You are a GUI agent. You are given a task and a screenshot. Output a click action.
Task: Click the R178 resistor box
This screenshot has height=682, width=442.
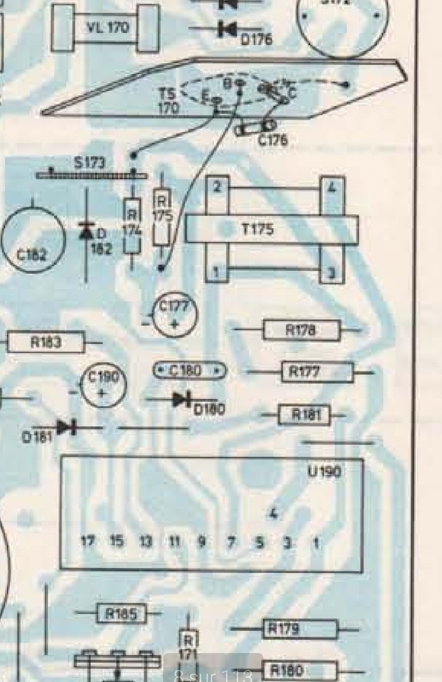pyautogui.click(x=301, y=330)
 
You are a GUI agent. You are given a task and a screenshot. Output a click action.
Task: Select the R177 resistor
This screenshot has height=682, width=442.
pyautogui.click(x=317, y=372)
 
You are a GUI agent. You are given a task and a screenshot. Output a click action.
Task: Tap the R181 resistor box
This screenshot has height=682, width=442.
pyautogui.click(x=305, y=415)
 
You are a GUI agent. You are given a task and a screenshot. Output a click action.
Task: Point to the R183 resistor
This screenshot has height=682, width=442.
pyautogui.click(x=46, y=342)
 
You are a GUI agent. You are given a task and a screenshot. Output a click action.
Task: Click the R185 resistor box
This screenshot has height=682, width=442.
pyautogui.click(x=122, y=614)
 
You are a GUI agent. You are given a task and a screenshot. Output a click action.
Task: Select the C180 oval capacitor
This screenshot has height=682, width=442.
pyautogui.click(x=190, y=371)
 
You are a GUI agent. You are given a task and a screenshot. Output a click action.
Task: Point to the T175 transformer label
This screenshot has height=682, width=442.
pyautogui.click(x=258, y=229)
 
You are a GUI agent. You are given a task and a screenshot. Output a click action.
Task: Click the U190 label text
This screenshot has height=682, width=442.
pyautogui.click(x=324, y=471)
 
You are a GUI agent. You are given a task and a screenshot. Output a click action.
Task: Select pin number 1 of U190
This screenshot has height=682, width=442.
pyautogui.click(x=316, y=542)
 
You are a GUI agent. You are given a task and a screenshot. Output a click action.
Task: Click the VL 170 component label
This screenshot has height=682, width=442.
pyautogui.click(x=107, y=27)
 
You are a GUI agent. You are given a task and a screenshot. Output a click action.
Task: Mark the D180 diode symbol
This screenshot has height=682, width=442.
pyautogui.click(x=180, y=400)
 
